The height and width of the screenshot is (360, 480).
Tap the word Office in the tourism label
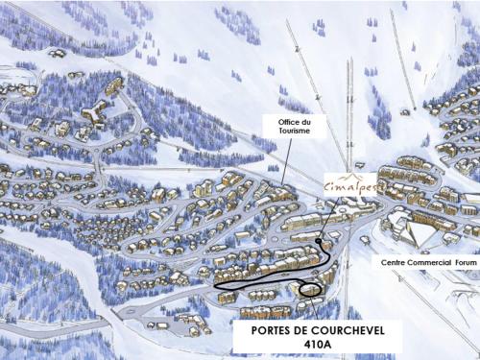pos(281,122)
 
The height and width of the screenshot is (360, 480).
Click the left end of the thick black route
pos(217,286)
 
